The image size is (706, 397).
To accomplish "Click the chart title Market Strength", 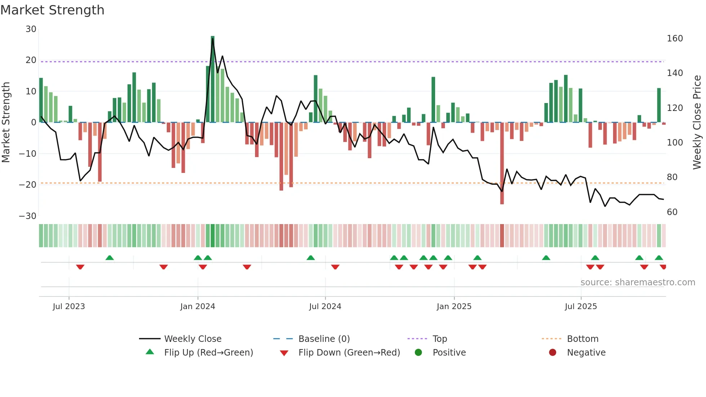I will tap(52, 10).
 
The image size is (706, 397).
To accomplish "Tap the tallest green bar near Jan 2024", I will tap(213, 79).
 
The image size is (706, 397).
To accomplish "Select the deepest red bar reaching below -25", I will tap(502, 164).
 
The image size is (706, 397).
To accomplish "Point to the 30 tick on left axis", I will tap(31, 29).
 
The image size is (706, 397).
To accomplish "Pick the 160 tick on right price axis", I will tap(675, 39).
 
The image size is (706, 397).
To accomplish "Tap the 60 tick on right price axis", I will tap(672, 212).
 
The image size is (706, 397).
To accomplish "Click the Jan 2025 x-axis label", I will tap(454, 307).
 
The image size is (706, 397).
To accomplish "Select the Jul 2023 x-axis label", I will tap(69, 307).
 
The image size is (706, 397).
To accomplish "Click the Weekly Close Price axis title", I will tap(697, 122).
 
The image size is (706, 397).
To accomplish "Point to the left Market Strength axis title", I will tap(6, 122).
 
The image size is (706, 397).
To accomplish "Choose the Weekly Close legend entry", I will tap(193, 339).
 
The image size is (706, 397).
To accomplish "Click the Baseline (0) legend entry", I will tap(324, 339).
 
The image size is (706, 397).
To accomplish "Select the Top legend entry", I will tap(439, 339).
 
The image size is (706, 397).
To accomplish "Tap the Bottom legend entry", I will tap(582, 339).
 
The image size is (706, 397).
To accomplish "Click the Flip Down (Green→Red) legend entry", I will tap(349, 353).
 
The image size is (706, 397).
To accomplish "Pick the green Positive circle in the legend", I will tap(418, 353).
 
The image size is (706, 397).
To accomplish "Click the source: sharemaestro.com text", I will tap(638, 282).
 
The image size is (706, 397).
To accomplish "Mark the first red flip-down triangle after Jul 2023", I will tap(80, 267).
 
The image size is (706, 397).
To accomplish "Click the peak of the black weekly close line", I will tap(213, 39).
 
